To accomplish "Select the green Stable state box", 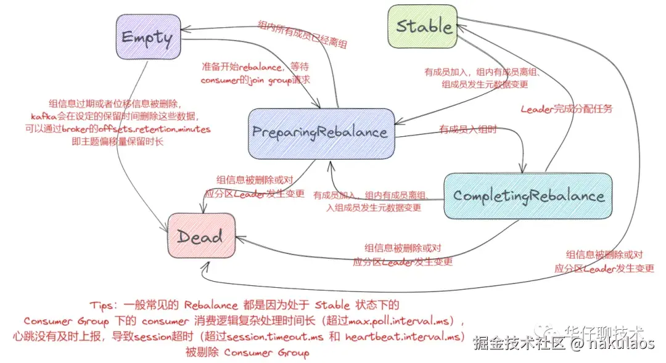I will (422, 27).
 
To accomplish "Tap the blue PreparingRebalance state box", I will (320, 132).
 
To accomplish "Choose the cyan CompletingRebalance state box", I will (528, 195).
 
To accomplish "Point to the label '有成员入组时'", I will (467, 129).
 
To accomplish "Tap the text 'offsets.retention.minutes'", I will (162, 129).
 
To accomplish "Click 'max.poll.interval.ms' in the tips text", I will (405, 321).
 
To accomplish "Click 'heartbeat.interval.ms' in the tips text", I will (403, 337).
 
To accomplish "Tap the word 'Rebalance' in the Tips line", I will (211, 305).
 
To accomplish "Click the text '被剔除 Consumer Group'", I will (247, 353).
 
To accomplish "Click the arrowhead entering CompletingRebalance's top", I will (524, 169).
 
